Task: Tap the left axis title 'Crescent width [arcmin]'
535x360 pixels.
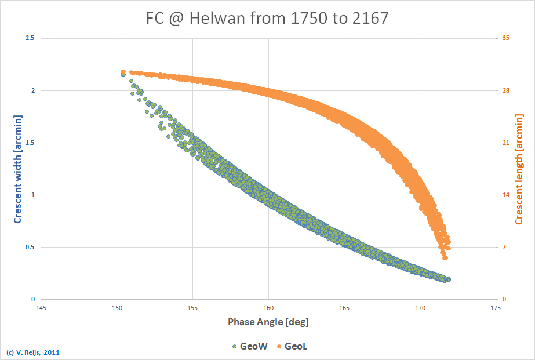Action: coord(18,169)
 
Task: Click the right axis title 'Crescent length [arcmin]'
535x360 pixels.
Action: coord(519,169)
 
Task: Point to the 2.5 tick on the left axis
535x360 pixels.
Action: coord(29,38)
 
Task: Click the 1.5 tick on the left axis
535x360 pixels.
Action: coord(29,143)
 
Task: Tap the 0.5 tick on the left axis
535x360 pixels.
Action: coord(29,247)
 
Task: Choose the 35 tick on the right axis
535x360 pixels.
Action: coord(504,38)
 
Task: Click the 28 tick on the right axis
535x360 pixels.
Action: coord(504,90)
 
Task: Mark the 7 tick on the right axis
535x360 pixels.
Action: coord(503,247)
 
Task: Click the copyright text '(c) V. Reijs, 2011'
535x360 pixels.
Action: coord(32,352)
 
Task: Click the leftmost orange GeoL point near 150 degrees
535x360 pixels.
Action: coord(123,72)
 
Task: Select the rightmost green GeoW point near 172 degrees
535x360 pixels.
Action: coord(448,279)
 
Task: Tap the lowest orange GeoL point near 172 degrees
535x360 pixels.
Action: coord(445,257)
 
